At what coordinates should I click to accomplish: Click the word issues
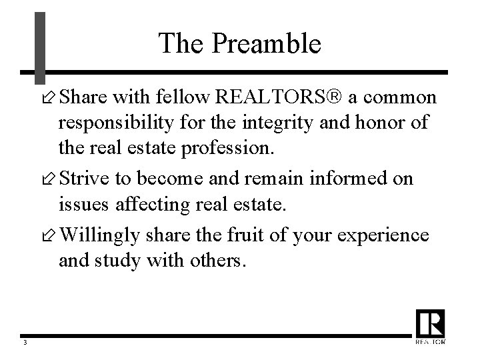79,205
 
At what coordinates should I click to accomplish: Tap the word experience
388,235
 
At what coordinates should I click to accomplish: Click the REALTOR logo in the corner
430,327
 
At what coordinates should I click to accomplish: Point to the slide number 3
24,343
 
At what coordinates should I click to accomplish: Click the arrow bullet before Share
48,99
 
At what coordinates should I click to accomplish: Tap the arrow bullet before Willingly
48,236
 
